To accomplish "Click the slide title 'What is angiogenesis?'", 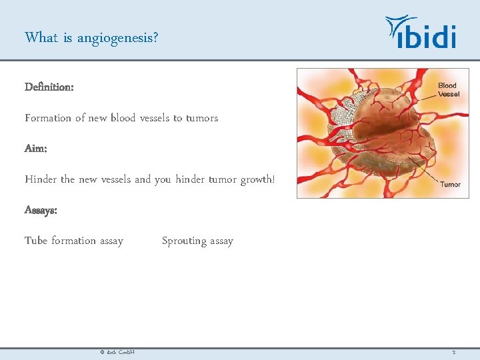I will pyautogui.click(x=91, y=37).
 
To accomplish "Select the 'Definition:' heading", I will pyautogui.click(x=49, y=87).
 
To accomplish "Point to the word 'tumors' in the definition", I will pyautogui.click(x=201, y=118).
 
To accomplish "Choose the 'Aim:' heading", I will pyautogui.click(x=35, y=149).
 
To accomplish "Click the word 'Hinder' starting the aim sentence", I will pyautogui.click(x=41, y=179).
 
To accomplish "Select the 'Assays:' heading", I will pyautogui.click(x=41, y=210).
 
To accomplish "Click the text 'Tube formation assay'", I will pyautogui.click(x=74, y=241).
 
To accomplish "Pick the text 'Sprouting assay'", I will pyautogui.click(x=197, y=241).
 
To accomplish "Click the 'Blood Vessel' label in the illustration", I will pyautogui.click(x=448, y=90).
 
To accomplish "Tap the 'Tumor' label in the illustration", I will pyautogui.click(x=450, y=185).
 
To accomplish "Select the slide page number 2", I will pyautogui.click(x=453, y=352).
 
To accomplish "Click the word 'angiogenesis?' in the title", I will pyautogui.click(x=118, y=38).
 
